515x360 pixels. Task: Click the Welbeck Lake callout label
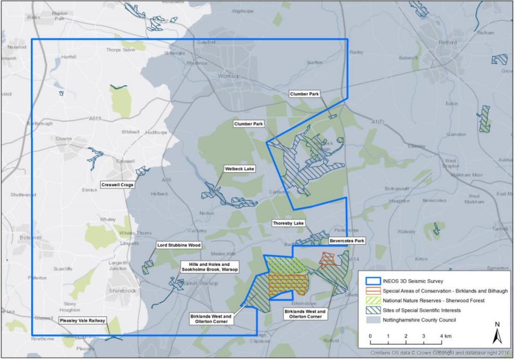pos(239,169)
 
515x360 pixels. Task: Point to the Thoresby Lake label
pos(288,223)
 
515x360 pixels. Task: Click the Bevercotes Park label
pos(347,241)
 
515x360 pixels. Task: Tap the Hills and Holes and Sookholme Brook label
pos(209,267)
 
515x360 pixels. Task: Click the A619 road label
pos(95,119)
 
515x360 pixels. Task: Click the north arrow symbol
pos(497,332)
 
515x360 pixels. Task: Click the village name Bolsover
pos(15,237)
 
